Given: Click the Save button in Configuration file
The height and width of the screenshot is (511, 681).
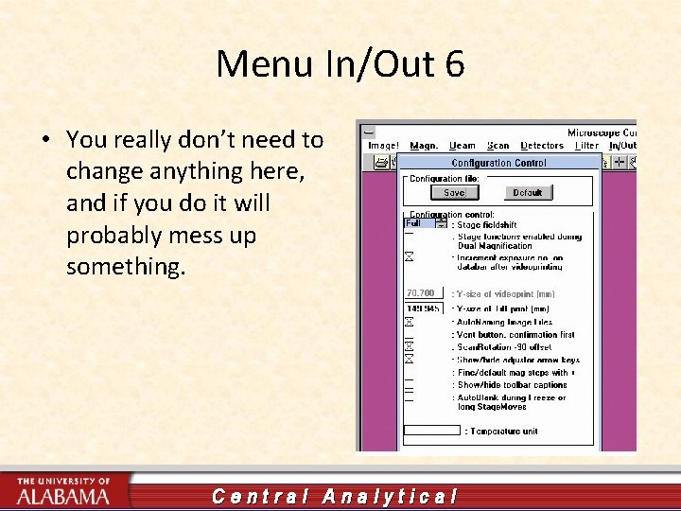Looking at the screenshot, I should [454, 192].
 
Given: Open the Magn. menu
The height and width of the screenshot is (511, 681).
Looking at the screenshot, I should [423, 145].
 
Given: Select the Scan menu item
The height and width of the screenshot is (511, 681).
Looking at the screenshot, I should [498, 145].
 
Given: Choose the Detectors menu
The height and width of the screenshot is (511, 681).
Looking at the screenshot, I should [542, 145].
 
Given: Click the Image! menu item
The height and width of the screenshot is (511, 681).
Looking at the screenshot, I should [383, 145].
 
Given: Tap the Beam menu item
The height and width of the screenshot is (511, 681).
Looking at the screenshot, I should [462, 145].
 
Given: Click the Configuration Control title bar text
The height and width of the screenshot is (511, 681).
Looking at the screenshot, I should [498, 163].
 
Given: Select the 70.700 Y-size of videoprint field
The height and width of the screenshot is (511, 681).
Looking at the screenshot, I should [422, 293].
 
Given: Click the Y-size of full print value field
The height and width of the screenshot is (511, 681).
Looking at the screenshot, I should [422, 308].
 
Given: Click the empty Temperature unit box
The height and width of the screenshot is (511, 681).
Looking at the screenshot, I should [432, 431].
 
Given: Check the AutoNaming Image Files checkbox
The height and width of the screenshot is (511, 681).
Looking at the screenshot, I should [409, 322].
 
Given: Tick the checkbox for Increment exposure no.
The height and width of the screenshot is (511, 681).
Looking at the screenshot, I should [409, 256].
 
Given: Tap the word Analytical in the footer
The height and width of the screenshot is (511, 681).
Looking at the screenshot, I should [390, 496].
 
